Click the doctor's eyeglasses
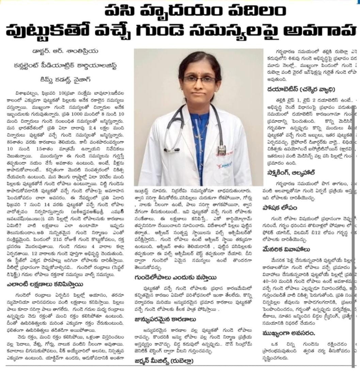coord(199,80)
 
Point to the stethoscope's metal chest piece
coord(222,149)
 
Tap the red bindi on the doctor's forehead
coord(199,70)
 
